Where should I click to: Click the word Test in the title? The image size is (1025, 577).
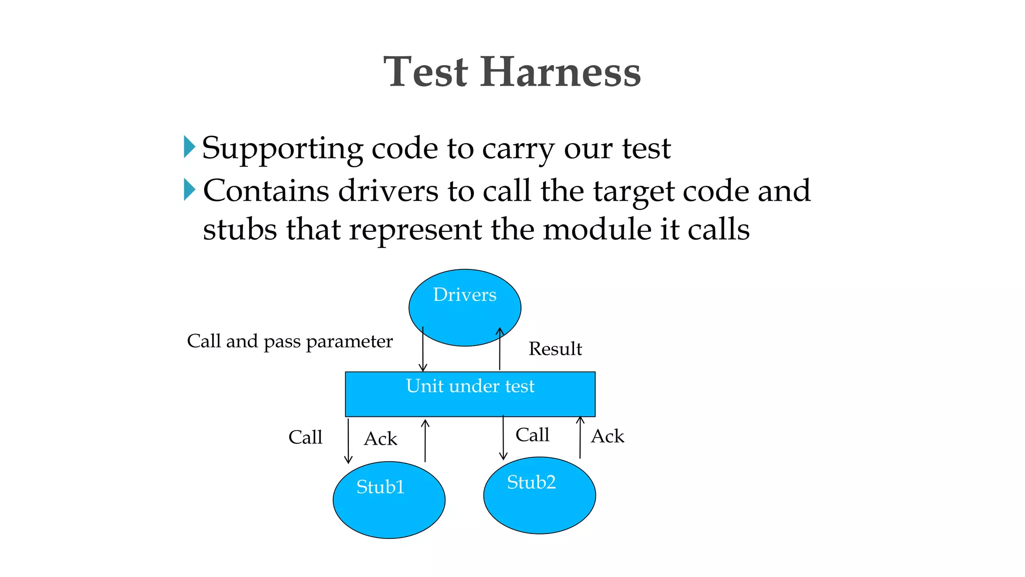pos(426,73)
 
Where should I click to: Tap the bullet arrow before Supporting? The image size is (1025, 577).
pos(189,147)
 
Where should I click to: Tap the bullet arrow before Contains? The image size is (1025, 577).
pos(189,189)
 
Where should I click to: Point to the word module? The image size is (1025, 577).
pos(597,229)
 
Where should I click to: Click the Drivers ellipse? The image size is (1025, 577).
pos(464,307)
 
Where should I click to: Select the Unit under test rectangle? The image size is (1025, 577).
pos(470,394)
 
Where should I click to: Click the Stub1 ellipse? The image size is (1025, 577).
pos(389,500)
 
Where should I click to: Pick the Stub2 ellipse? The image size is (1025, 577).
pos(539,495)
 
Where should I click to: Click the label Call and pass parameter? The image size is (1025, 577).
pos(290,342)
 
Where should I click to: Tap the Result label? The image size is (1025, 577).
pos(555,349)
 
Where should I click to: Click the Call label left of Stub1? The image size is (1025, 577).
pos(305,437)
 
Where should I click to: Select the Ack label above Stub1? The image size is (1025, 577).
pos(380,439)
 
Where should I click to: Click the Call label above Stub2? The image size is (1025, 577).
pos(532,435)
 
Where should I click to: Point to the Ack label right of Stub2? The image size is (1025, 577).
pos(607,436)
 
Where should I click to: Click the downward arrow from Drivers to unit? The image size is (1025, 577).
pos(423,351)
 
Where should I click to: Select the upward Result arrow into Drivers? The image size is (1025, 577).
pos(499,351)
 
